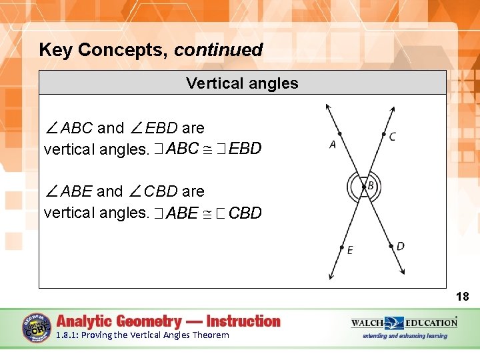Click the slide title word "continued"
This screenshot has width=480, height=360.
[219, 50]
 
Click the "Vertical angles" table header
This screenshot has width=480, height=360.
[242, 83]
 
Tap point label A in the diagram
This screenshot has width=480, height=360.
[333, 144]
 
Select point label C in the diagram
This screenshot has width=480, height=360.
[392, 137]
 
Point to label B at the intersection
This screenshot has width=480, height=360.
[370, 185]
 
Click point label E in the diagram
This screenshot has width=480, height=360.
[350, 250]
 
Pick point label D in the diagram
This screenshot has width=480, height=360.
[400, 246]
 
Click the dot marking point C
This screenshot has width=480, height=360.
[383, 135]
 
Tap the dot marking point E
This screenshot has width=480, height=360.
[342, 247]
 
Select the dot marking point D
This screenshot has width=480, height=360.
[391, 246]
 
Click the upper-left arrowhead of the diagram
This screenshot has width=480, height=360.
[327, 107]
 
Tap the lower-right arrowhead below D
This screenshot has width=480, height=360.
[402, 271]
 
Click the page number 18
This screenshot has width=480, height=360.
[462, 297]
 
